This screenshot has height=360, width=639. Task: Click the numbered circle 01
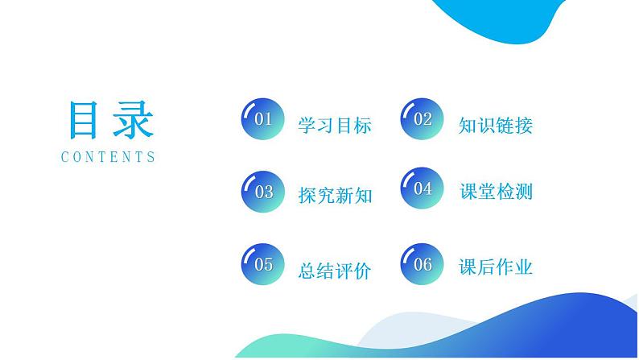tap(263, 121)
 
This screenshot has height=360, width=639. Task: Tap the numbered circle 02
tap(423, 121)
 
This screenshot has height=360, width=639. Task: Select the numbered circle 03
tap(263, 191)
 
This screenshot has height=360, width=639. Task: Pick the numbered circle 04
tap(423, 189)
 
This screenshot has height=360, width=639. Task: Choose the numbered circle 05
tap(263, 263)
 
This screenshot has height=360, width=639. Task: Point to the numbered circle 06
tap(423, 263)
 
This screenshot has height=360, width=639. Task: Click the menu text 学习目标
tap(334, 126)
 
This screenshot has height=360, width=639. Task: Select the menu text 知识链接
tap(495, 126)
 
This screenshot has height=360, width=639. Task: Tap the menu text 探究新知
tap(334, 195)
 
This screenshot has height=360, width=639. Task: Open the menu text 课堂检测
tap(495, 192)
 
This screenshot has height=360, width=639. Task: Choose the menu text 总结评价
tap(334, 271)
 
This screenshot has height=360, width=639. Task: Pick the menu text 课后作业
tap(495, 267)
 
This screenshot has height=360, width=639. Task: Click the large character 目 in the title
tap(85, 121)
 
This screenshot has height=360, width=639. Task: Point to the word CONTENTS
tap(109, 158)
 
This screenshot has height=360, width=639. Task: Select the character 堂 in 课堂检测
tap(485, 192)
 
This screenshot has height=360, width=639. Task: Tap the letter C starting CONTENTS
tap(65, 158)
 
